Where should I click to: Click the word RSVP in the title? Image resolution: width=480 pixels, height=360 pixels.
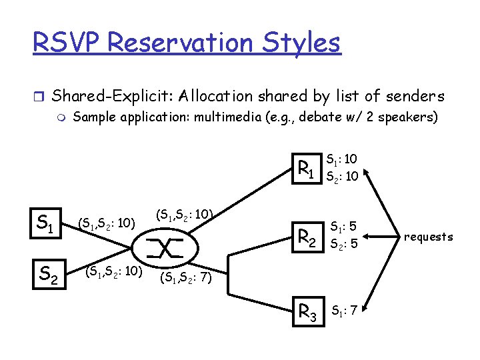[x=70, y=43]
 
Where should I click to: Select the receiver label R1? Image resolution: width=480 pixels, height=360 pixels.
[x=306, y=167]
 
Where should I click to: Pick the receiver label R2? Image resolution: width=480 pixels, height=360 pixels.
[x=307, y=237]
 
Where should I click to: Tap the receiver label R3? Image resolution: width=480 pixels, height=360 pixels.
[x=307, y=311]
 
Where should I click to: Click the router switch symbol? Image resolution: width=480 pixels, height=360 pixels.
[x=167, y=248]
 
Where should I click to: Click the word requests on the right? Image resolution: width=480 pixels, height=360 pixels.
[x=428, y=237]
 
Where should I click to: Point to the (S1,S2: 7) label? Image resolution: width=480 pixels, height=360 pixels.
[x=186, y=277]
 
